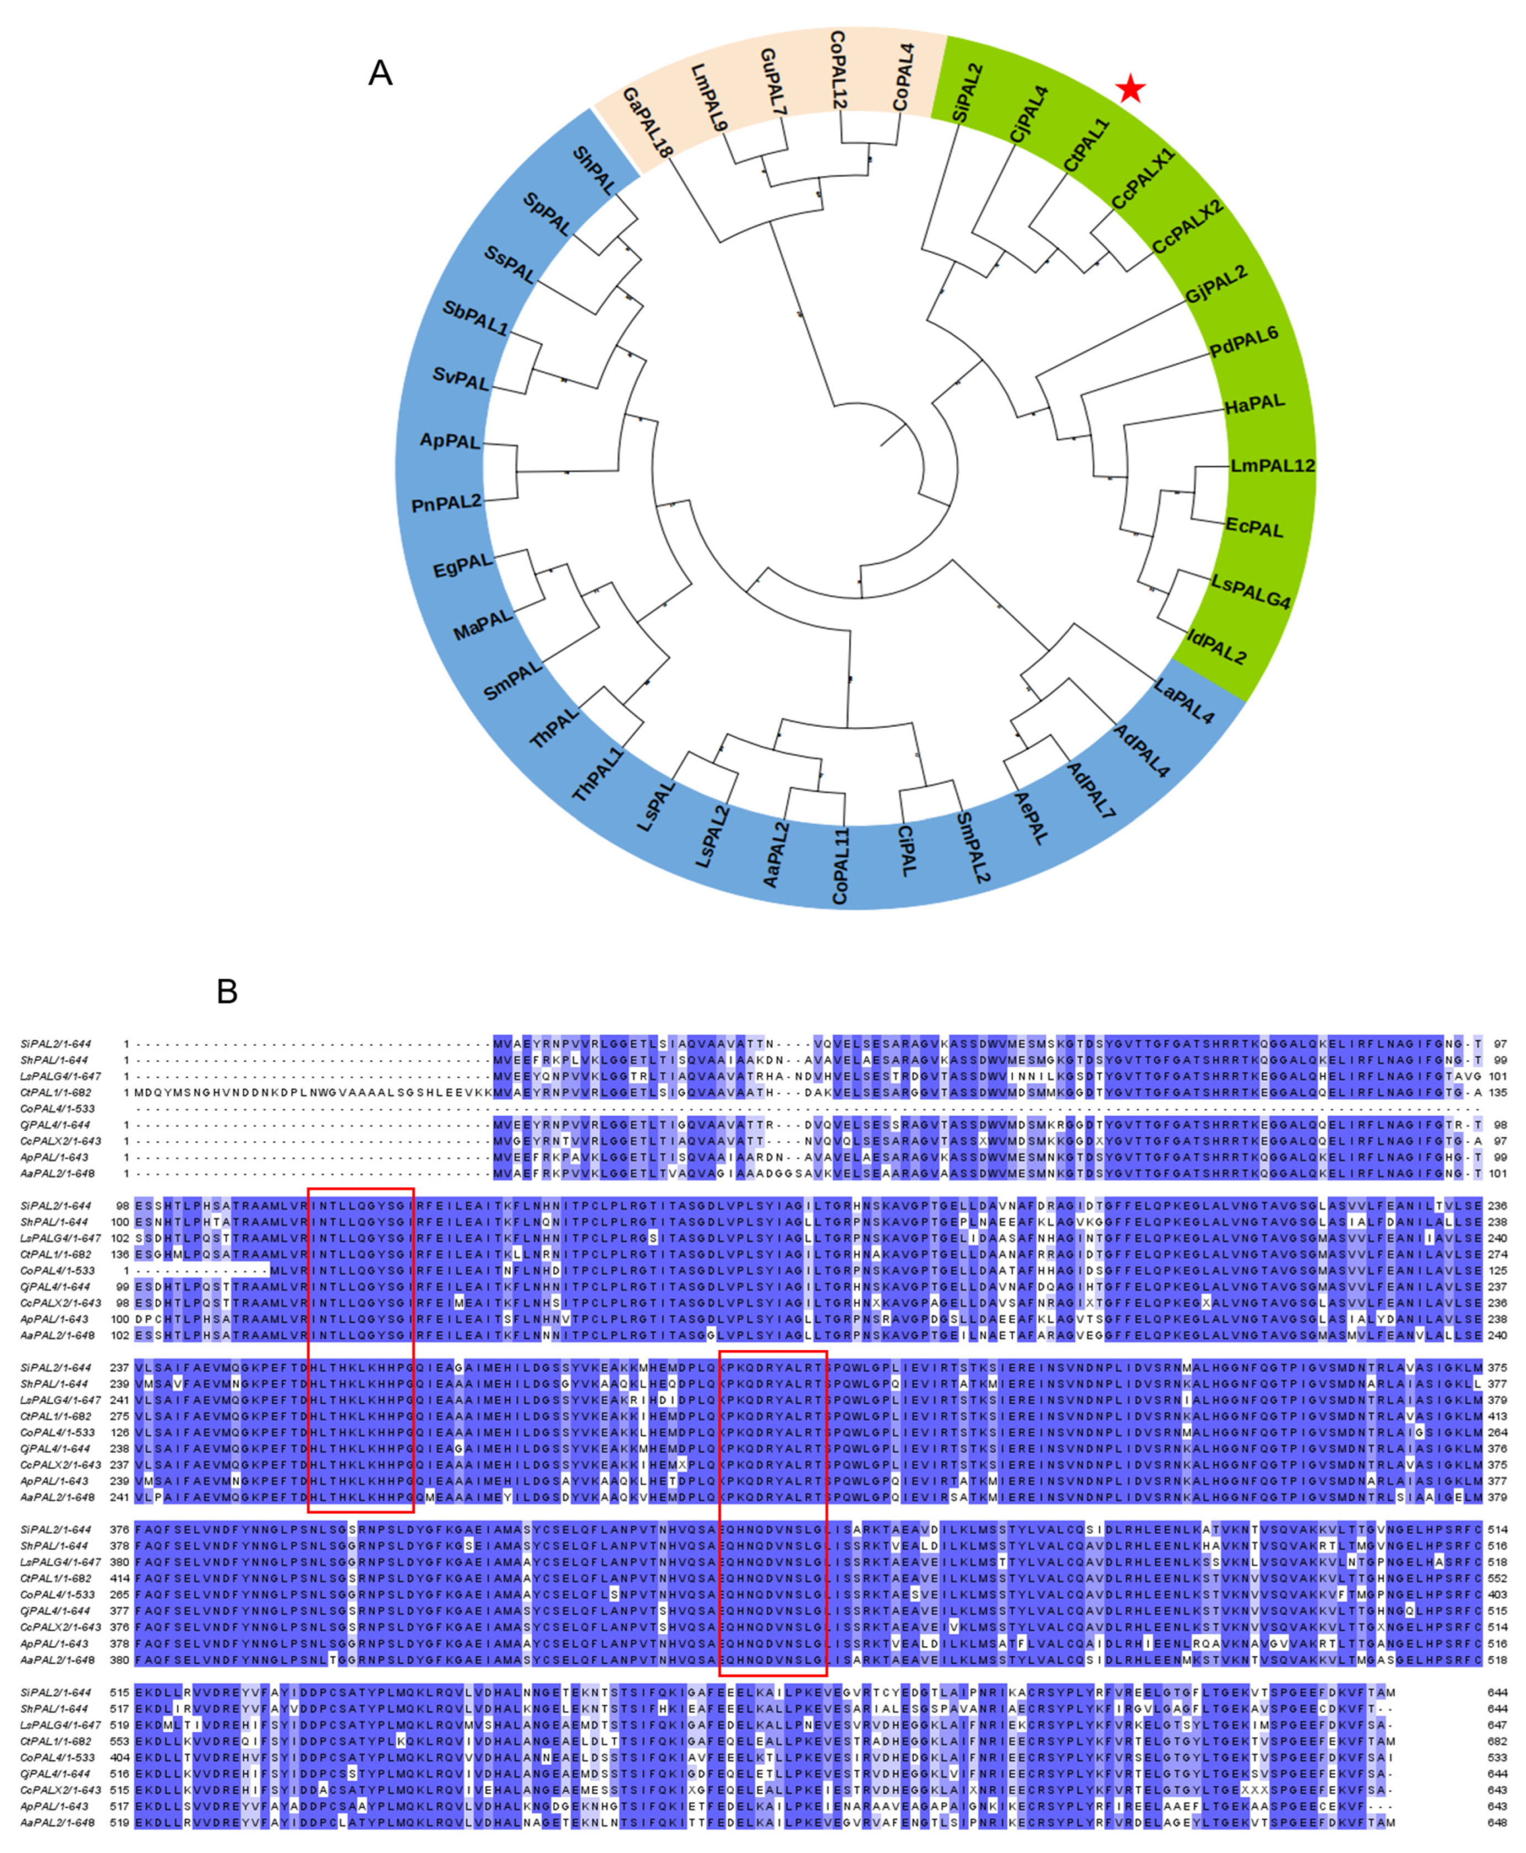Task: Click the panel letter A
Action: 380,73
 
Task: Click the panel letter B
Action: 227,991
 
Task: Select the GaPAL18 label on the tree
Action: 647,122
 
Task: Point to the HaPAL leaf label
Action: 1255,403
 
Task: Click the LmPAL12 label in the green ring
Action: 1272,465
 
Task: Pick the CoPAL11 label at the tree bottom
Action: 840,865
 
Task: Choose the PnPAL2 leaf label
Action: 446,502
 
